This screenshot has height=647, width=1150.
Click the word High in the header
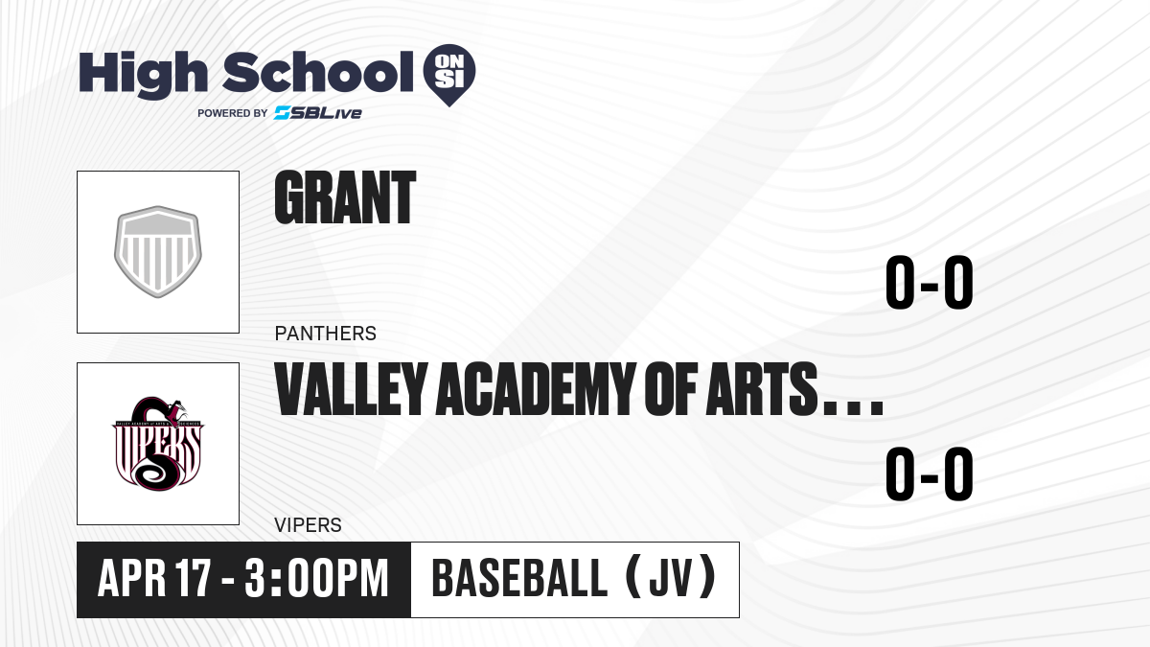point(143,74)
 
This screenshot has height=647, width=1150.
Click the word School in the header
point(318,72)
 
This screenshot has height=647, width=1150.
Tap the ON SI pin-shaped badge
point(449,75)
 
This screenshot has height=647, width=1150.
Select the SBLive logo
point(317,112)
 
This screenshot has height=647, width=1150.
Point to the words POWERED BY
point(233,113)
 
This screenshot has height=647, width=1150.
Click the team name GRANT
point(345,197)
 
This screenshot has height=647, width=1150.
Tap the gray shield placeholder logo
point(158,251)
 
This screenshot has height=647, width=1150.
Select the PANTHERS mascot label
point(326,334)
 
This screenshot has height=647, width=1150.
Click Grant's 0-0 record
point(930,282)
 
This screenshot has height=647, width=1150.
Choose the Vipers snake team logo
point(158,444)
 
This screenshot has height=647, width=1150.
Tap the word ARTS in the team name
point(761,389)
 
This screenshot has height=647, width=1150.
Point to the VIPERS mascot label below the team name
point(308,525)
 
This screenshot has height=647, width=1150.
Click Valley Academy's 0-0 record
point(930,474)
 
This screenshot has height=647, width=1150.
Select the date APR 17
point(154,578)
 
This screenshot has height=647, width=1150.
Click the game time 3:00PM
point(316,578)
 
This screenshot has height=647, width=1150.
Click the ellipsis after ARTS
point(853,409)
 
